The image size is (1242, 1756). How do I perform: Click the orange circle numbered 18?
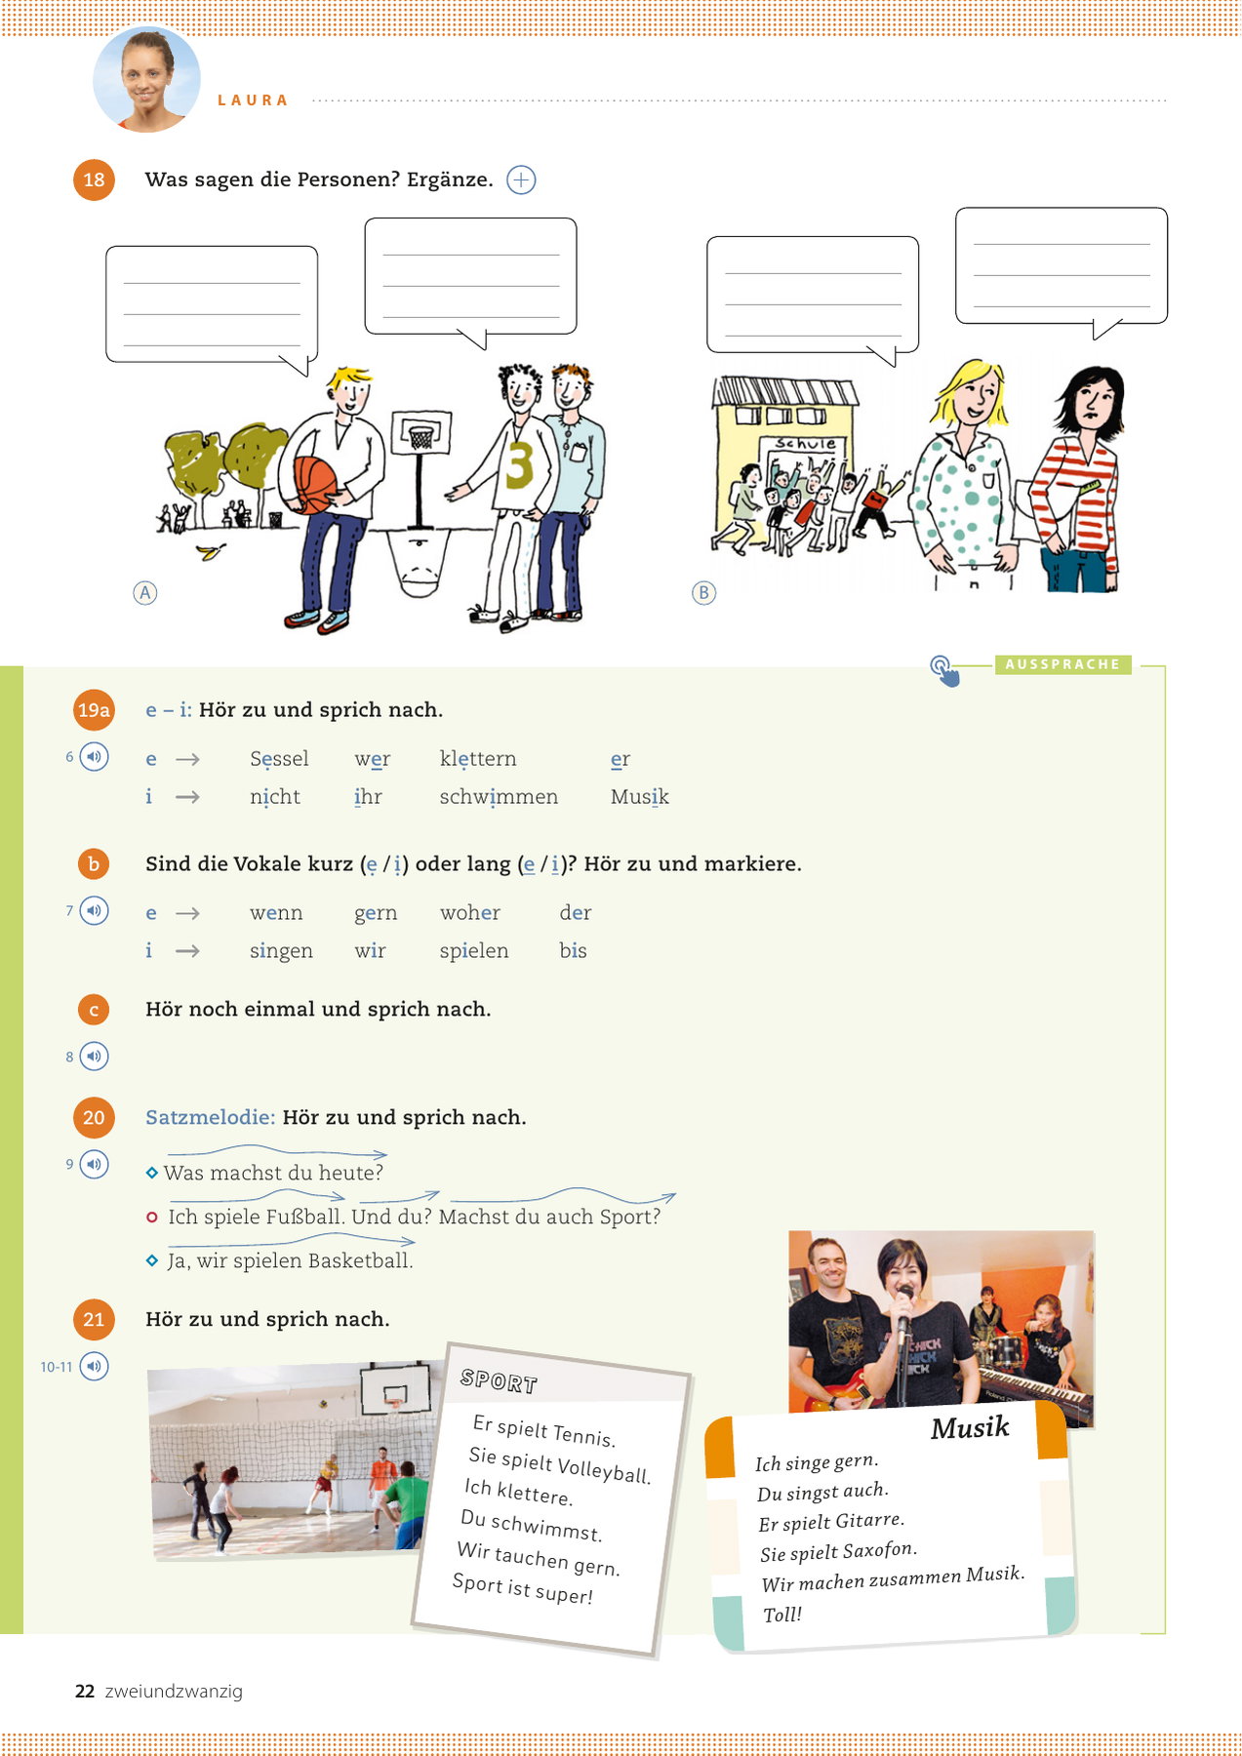pos(94,180)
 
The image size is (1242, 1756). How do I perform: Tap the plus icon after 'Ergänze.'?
pos(522,180)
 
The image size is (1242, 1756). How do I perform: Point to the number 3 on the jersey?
pos(519,465)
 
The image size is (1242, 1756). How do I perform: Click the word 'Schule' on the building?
pos(805,443)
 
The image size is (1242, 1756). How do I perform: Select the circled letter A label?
pos(144,592)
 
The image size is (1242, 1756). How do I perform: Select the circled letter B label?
pos(703,592)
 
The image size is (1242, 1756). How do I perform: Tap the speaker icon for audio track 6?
pos(94,757)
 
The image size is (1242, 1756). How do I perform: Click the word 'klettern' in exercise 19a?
pos(478,759)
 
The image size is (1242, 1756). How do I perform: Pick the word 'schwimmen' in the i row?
pos(499,797)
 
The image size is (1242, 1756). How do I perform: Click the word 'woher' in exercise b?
pos(469,912)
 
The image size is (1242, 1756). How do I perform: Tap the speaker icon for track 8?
pos(94,1057)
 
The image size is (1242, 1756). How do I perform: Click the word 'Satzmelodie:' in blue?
pos(210,1117)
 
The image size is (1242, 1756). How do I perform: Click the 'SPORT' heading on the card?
pos(499,1380)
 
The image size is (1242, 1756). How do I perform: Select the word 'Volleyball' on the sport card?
pos(604,1469)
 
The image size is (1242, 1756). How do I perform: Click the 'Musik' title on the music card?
pos(970,1428)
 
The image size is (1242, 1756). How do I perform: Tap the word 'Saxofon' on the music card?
pos(879,1550)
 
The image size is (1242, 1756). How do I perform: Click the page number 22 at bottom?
pos(85,1692)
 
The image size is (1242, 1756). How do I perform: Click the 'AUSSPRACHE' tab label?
pos(1062,664)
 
